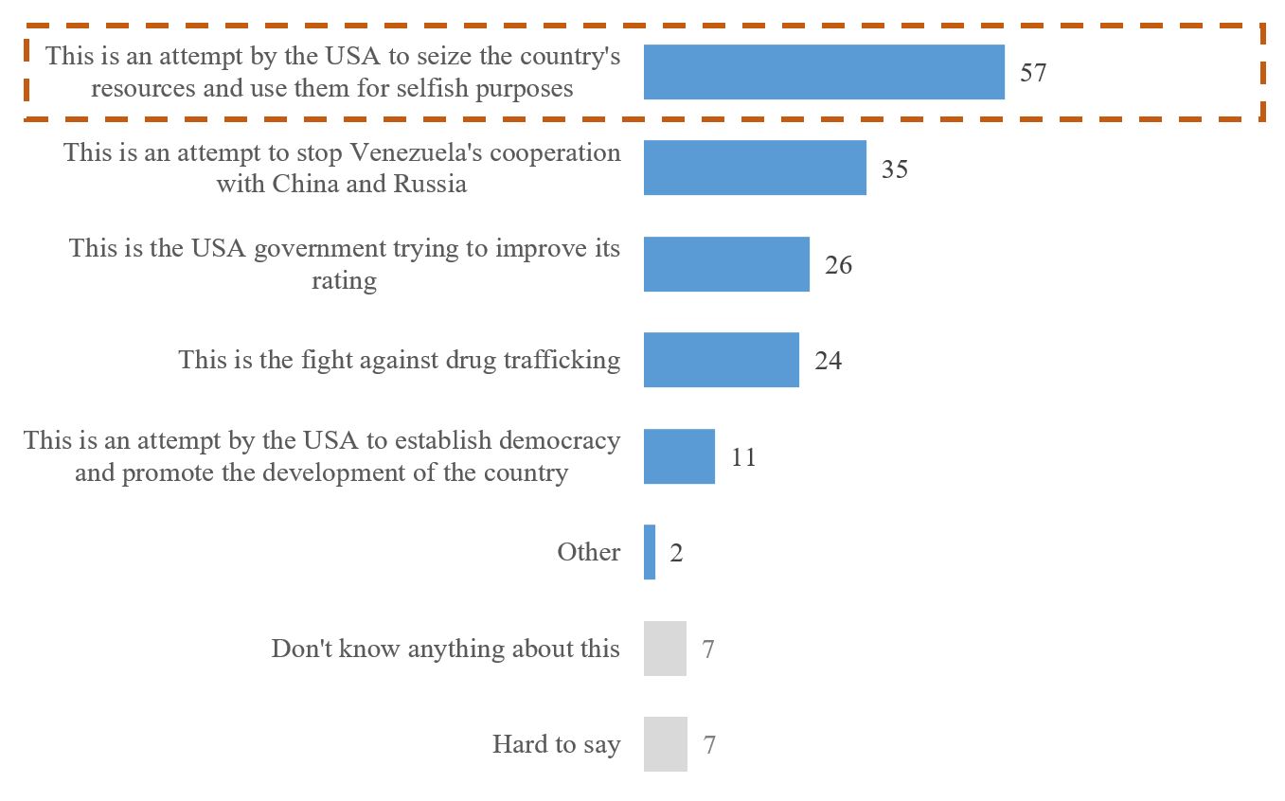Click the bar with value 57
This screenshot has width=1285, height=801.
[824, 72]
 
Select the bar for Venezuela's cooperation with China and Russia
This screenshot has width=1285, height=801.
[755, 168]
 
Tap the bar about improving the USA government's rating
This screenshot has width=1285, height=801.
[726, 264]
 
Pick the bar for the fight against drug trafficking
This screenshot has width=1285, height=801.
[721, 360]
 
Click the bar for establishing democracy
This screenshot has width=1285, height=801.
[679, 456]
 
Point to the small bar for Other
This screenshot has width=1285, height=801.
[650, 552]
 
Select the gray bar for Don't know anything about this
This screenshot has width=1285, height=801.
[665, 649]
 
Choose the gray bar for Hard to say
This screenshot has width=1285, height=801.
[665, 744]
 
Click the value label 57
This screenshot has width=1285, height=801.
[1033, 73]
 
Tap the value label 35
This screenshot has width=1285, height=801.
[895, 169]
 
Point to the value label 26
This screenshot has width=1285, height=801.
[838, 265]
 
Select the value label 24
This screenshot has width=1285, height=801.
[828, 361]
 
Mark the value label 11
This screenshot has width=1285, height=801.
[743, 457]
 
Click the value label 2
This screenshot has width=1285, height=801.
[676, 553]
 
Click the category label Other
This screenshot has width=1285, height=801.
[588, 552]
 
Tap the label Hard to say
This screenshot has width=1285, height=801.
[556, 744]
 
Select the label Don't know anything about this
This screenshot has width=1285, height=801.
[445, 649]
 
